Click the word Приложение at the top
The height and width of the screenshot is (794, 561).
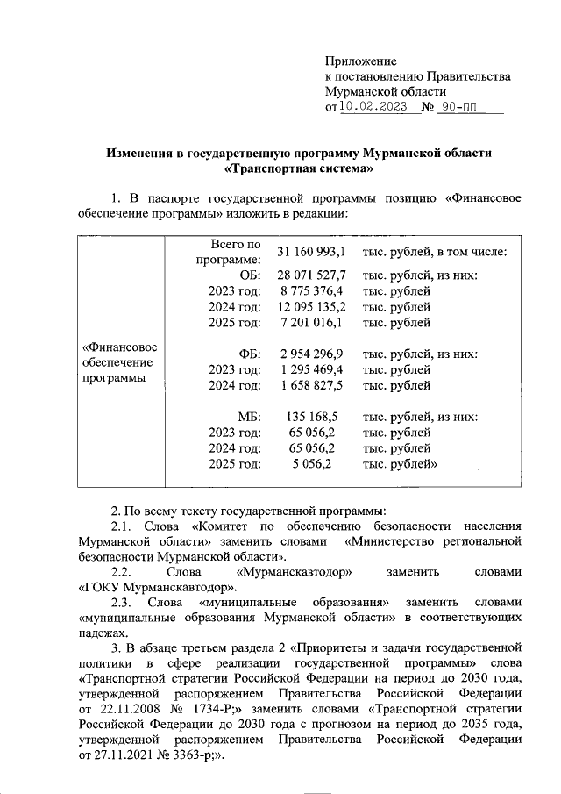pos(360,62)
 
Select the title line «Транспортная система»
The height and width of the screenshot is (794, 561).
pos(299,168)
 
